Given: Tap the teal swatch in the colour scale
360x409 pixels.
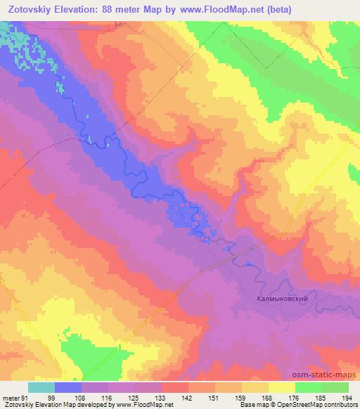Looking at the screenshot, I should [41, 387].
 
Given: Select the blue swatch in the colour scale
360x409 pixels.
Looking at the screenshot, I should [68, 387].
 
